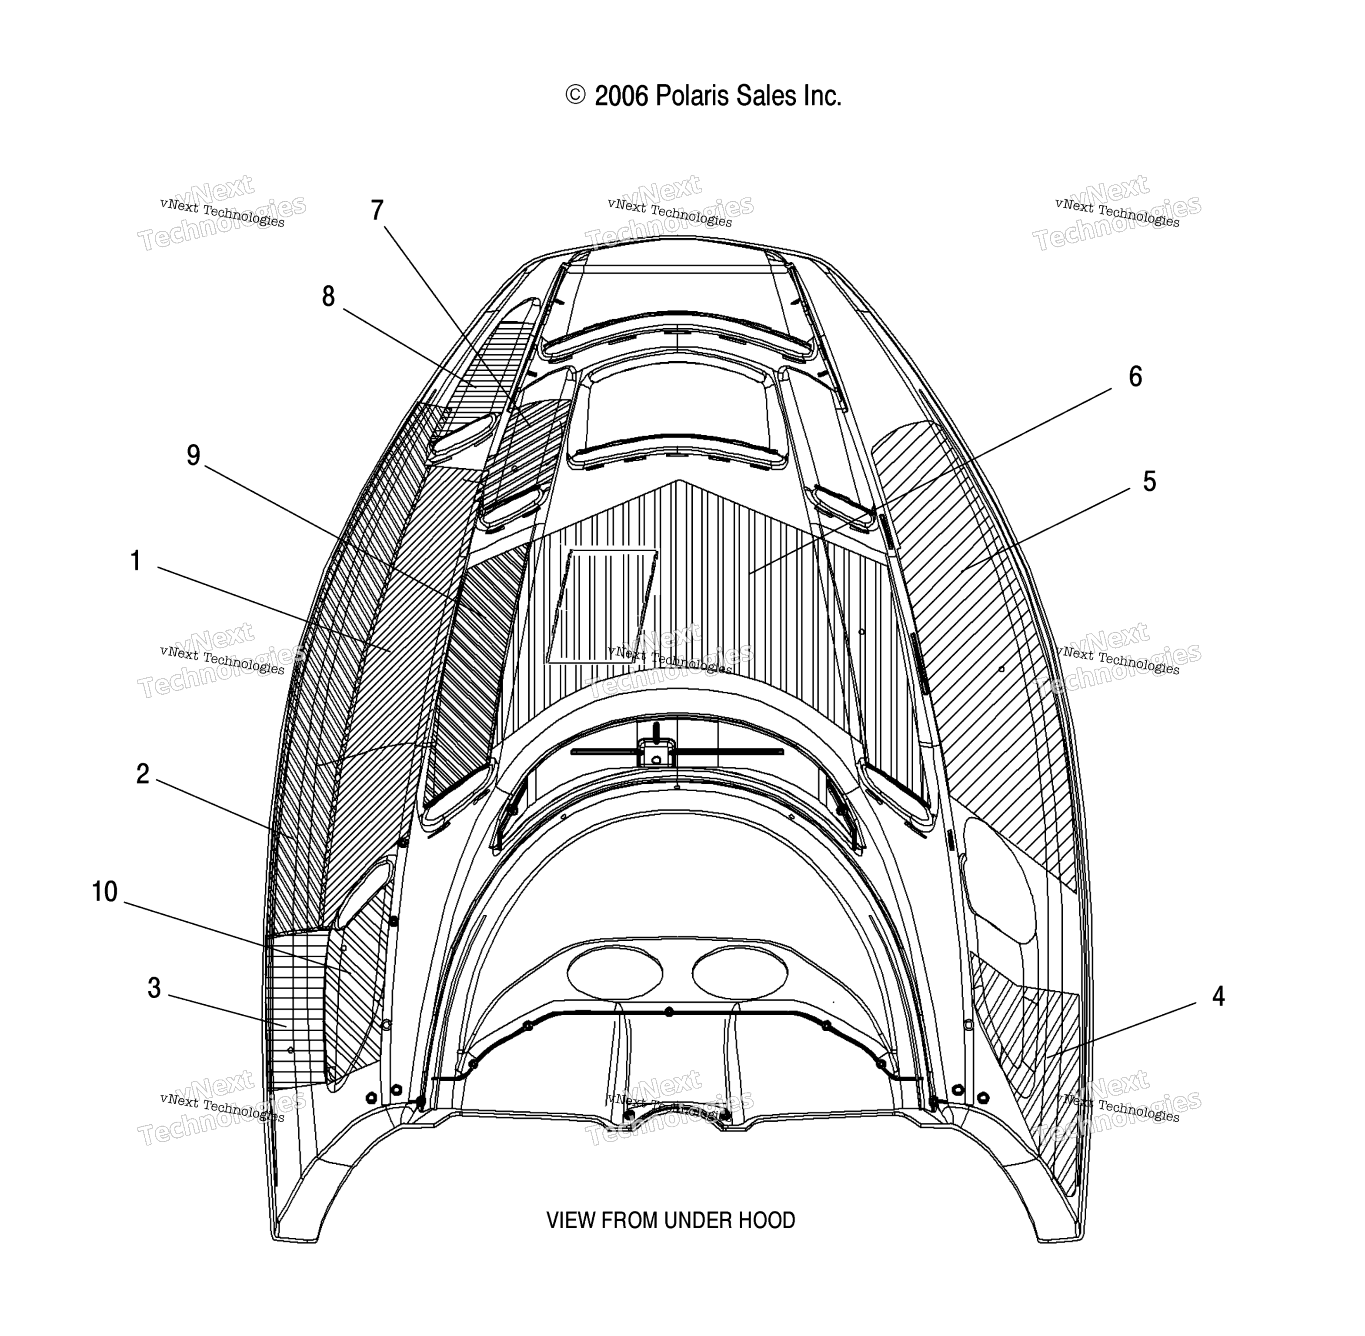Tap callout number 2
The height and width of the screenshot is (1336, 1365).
(143, 775)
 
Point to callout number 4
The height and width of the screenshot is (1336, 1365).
(1218, 996)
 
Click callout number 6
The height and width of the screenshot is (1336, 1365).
(1135, 377)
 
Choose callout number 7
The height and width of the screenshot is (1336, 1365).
(377, 210)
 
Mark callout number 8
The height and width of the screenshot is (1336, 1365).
(328, 297)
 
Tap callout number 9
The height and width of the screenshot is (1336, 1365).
(194, 456)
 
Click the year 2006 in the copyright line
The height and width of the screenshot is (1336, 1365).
(621, 96)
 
